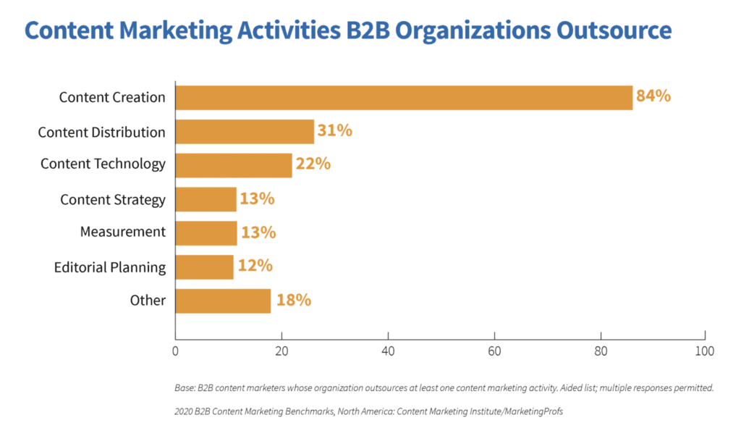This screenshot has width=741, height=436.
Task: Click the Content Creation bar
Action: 404,97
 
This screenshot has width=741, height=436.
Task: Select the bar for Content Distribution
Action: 245,132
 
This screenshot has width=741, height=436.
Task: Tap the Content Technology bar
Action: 233,164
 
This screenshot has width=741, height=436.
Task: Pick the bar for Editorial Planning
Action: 204,267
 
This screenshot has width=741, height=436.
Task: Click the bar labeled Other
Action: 223,301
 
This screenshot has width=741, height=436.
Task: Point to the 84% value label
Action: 653,96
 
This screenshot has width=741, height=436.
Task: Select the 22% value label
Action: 313,164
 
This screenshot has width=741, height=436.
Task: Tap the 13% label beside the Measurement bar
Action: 258,232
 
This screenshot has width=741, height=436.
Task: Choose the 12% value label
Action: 255,266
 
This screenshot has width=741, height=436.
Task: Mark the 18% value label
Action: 293,300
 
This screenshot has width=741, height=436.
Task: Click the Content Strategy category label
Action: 113,200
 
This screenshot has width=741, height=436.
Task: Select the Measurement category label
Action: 123,232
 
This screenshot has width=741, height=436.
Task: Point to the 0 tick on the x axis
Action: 175,352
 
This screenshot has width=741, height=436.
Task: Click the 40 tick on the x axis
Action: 388,352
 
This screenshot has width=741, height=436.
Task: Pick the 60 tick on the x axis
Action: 494,352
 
